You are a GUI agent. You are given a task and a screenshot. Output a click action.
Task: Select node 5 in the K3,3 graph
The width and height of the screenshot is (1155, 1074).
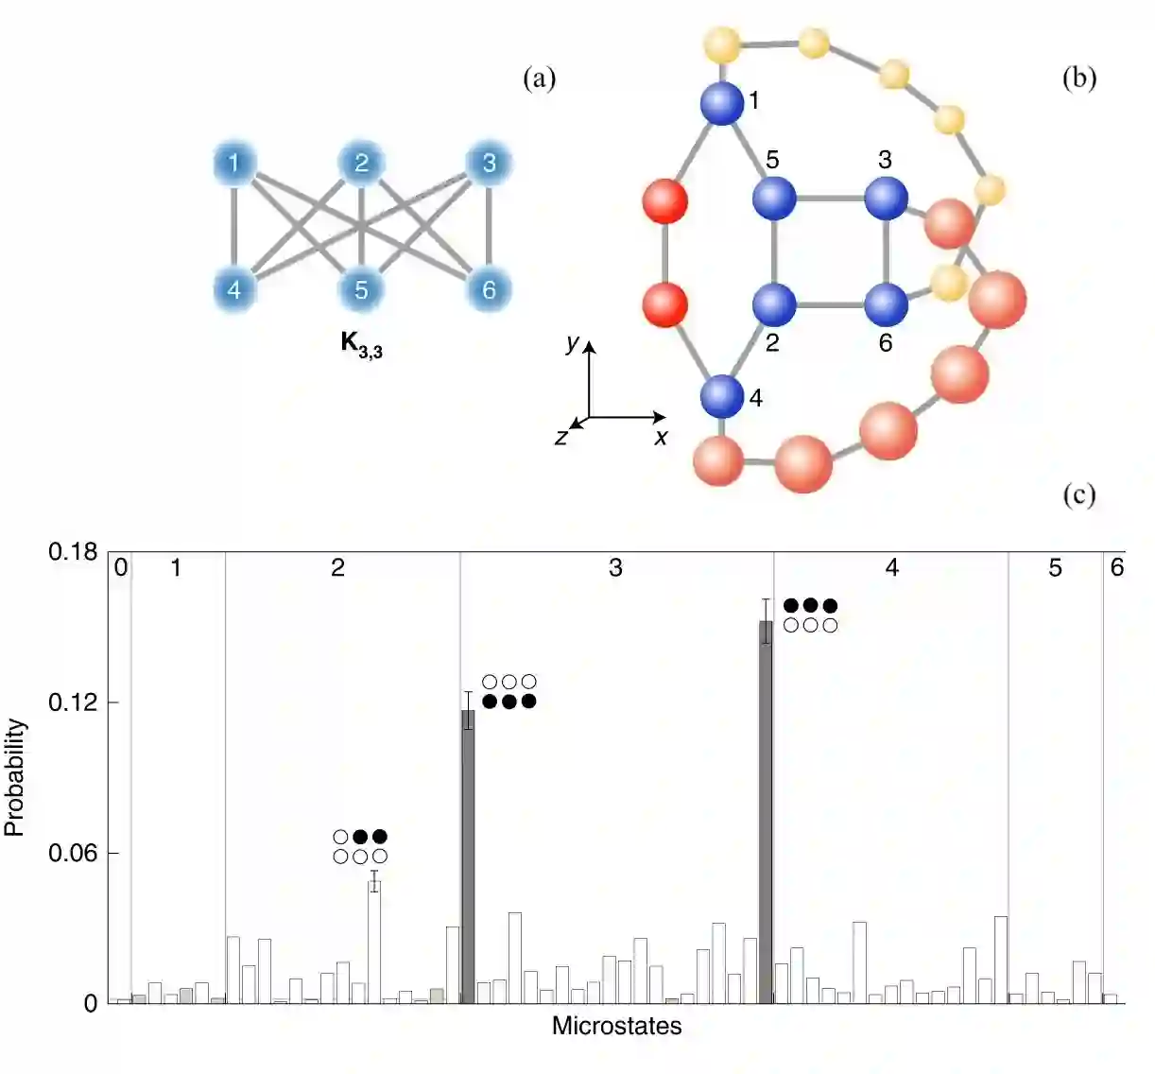click(x=361, y=289)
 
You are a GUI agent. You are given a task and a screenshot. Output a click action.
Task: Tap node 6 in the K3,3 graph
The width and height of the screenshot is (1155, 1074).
click(x=489, y=289)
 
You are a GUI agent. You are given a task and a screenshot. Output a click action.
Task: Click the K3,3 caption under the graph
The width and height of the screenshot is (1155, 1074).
click(x=361, y=344)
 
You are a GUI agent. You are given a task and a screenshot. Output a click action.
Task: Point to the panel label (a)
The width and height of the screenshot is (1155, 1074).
click(x=540, y=78)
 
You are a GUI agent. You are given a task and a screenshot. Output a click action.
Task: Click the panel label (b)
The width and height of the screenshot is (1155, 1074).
click(x=1078, y=78)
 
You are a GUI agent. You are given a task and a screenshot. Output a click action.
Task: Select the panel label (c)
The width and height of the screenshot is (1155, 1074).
click(x=1078, y=494)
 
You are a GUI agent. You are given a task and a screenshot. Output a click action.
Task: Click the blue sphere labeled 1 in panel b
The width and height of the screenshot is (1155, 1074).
click(x=722, y=103)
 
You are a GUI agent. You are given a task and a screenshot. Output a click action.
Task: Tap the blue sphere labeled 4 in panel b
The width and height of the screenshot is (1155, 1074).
click(x=722, y=396)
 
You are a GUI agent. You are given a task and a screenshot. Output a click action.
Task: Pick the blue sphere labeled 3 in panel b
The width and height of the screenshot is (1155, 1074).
click(x=886, y=198)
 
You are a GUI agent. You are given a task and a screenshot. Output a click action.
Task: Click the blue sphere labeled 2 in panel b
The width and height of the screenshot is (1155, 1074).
click(x=774, y=303)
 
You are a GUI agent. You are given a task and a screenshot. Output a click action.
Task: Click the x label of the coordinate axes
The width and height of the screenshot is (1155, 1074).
click(x=661, y=437)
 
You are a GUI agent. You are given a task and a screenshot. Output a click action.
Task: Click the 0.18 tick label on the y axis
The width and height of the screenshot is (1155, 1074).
click(x=73, y=552)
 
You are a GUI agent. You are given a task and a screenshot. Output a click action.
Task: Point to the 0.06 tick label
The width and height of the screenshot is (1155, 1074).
click(x=73, y=854)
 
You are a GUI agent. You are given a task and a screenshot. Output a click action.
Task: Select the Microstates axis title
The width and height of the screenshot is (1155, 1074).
click(x=616, y=1026)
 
